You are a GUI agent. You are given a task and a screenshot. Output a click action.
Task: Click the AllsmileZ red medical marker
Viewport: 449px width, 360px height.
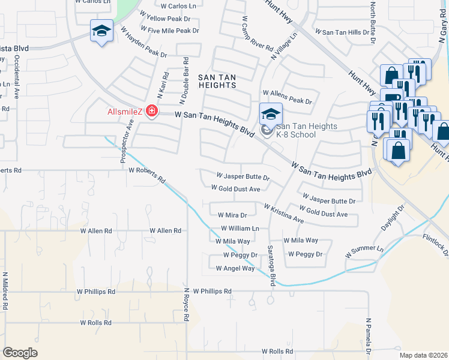[151, 111]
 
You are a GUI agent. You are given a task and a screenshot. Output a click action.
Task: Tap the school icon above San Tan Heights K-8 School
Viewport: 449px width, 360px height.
[270, 113]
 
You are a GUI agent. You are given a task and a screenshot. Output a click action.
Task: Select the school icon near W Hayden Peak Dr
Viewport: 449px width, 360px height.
[101, 30]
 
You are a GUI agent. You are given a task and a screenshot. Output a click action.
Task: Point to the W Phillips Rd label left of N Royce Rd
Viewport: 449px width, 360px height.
[95, 292]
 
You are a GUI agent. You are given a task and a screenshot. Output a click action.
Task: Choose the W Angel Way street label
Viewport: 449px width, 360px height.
[231, 268]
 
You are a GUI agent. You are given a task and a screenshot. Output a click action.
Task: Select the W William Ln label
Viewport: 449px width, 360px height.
[240, 229]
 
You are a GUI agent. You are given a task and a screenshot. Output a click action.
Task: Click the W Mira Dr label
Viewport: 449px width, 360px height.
[232, 215]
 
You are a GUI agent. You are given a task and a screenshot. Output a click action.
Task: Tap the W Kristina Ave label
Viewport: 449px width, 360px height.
[283, 213]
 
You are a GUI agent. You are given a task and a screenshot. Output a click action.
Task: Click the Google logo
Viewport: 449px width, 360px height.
[20, 353]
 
